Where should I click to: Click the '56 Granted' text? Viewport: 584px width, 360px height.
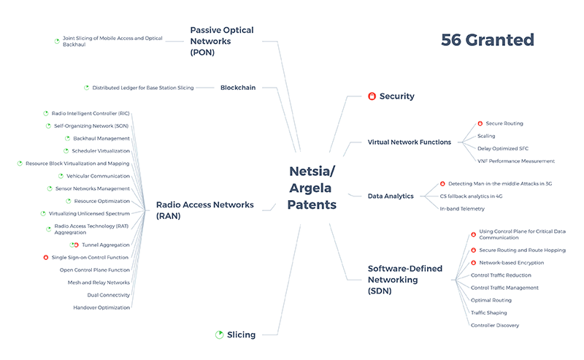pyautogui.click(x=488, y=40)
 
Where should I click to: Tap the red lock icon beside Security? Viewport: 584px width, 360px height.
pyautogui.click(x=372, y=96)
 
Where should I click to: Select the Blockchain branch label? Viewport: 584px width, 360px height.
pyautogui.click(x=238, y=88)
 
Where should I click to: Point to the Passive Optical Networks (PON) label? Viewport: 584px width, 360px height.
pyautogui.click(x=222, y=41)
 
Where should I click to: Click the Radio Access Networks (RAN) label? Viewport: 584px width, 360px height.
pyautogui.click(x=205, y=210)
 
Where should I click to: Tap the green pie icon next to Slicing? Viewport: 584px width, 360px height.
pyautogui.click(x=219, y=334)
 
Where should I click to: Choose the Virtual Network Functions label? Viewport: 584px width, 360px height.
pyautogui.click(x=410, y=142)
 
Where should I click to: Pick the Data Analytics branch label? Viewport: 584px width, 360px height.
pyautogui.click(x=391, y=196)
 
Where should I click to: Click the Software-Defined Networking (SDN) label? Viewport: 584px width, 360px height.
pyautogui.click(x=405, y=280)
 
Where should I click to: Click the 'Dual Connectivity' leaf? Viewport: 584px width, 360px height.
pyautogui.click(x=109, y=295)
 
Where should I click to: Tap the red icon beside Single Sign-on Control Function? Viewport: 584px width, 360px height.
pyautogui.click(x=46, y=257)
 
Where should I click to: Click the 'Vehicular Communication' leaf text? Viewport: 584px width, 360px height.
pyautogui.click(x=98, y=176)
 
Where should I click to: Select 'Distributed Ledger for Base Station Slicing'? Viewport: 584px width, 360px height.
pyautogui.click(x=143, y=88)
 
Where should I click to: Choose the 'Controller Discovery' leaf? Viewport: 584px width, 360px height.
pyautogui.click(x=495, y=325)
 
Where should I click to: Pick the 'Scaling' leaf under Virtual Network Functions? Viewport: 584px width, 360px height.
pyautogui.click(x=487, y=136)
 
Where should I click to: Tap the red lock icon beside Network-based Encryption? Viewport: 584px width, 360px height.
pyautogui.click(x=473, y=262)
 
